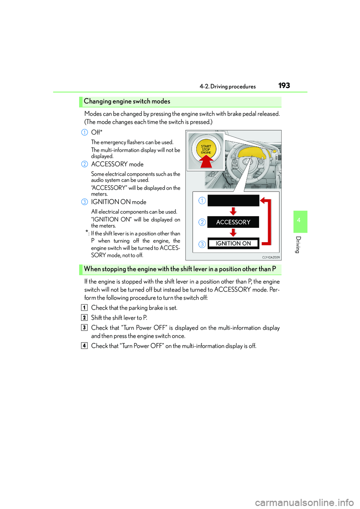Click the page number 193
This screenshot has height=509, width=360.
pyautogui.click(x=284, y=85)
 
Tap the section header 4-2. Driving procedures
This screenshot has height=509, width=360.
pyautogui.click(x=228, y=87)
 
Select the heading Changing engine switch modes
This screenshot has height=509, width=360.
pyautogui.click(x=127, y=101)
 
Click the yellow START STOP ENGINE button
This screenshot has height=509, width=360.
pyautogui.click(x=206, y=149)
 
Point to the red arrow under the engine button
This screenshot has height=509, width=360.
pyautogui.click(x=206, y=162)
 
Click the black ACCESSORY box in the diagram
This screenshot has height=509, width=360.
pyautogui.click(x=233, y=222)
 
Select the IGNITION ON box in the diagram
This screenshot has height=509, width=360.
pyautogui.click(x=233, y=244)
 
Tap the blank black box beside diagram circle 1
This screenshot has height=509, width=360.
pyautogui.click(x=233, y=201)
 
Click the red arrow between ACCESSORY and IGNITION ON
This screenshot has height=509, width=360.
pyautogui.click(x=233, y=233)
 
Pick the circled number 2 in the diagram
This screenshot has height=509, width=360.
pyautogui.click(x=202, y=222)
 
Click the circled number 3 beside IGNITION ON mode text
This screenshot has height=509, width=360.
pyautogui.click(x=85, y=202)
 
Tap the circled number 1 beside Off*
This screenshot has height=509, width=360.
pyautogui.click(x=85, y=132)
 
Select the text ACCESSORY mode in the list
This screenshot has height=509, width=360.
pyautogui.click(x=117, y=164)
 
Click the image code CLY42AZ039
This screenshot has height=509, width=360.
pyautogui.click(x=271, y=257)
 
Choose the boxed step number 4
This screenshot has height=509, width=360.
pyautogui.click(x=84, y=346)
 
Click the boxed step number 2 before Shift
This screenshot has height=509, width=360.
pyautogui.click(x=84, y=318)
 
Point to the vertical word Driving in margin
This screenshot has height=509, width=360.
pyautogui.click(x=298, y=245)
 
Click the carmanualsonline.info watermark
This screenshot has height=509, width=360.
pyautogui.click(x=304, y=502)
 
